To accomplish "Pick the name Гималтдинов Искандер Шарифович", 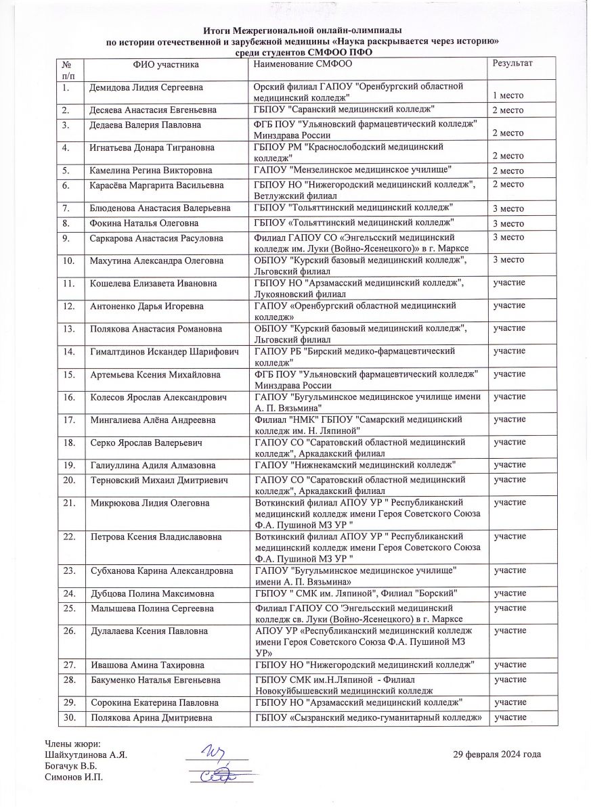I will [x=164, y=351].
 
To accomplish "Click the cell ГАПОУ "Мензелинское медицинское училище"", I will [x=353, y=169].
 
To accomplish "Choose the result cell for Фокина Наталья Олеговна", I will [x=508, y=224].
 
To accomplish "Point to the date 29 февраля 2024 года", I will [x=498, y=754].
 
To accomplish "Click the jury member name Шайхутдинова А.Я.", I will [x=86, y=754].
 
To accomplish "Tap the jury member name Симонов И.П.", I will [x=73, y=776].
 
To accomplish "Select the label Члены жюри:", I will [x=72, y=744].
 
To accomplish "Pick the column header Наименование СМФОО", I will [x=303, y=63].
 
